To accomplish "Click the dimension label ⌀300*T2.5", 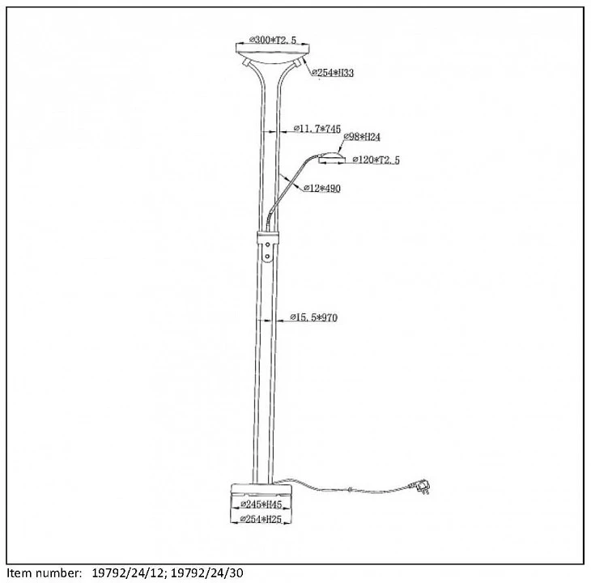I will point(273,39).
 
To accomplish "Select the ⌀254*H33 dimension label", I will point(333,73).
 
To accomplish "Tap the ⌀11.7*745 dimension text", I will point(317,129).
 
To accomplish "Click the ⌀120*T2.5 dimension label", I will point(375,160).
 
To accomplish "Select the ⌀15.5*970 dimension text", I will point(313,317).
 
